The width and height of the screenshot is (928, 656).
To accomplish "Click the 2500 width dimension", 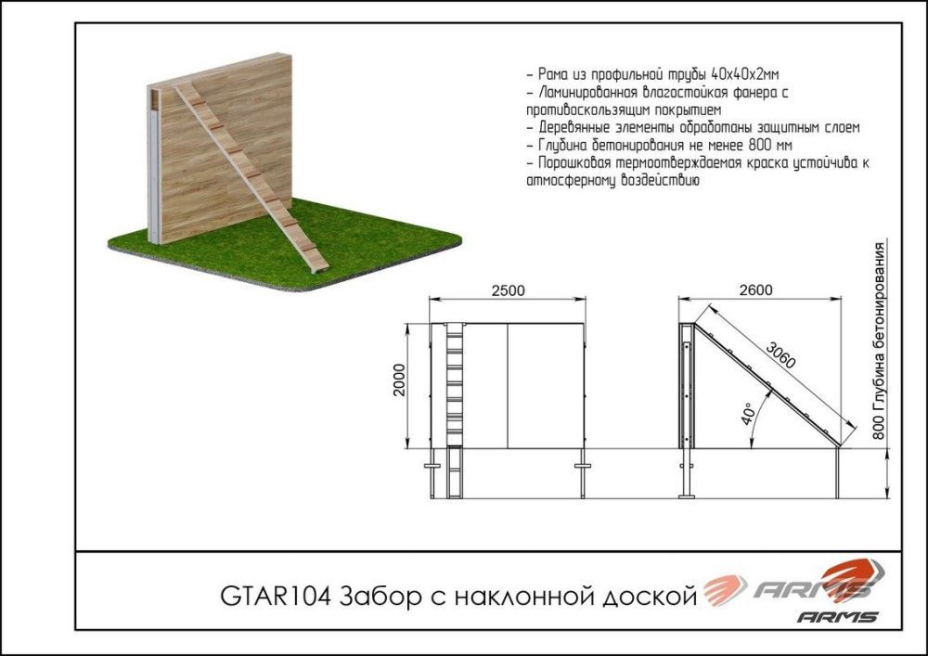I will point(509,289).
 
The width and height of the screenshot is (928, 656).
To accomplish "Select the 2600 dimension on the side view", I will point(756,289).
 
